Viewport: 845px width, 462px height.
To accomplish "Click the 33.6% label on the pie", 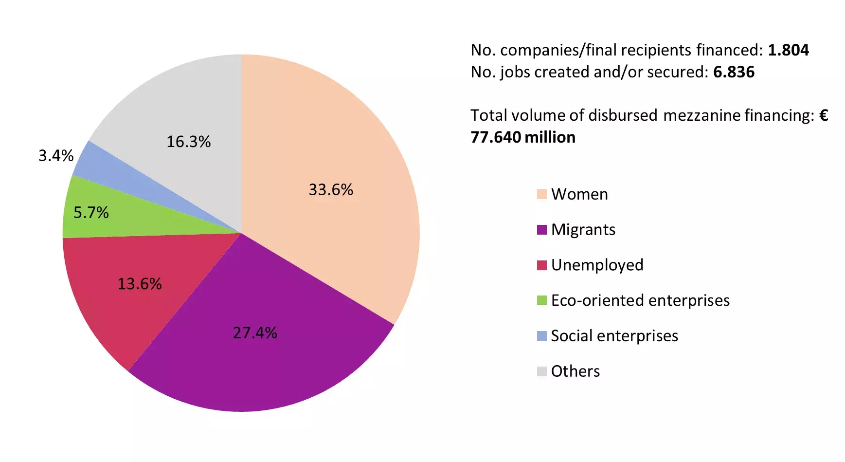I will (x=331, y=189).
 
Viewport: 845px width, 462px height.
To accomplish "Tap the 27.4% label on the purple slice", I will (x=255, y=333).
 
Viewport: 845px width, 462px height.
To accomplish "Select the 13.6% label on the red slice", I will (x=140, y=284).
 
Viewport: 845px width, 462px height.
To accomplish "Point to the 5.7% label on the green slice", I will (x=91, y=212).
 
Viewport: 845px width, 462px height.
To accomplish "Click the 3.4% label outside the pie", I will (x=56, y=156).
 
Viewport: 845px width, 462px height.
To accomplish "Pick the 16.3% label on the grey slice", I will (x=189, y=142).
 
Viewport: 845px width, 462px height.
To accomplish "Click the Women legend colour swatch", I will (x=541, y=194).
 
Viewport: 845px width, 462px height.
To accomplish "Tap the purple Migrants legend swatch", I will (x=541, y=230).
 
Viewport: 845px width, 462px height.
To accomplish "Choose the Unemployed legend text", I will (x=597, y=265).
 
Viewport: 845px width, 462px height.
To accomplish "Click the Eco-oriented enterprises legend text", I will (x=640, y=300).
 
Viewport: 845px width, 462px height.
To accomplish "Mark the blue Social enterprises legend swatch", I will (x=541, y=336).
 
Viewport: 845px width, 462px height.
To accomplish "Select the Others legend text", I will (x=575, y=371).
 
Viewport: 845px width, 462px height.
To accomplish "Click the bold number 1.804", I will (x=788, y=50).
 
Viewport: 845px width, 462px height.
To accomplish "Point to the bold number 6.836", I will (x=734, y=72).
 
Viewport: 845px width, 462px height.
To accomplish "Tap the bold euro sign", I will (x=823, y=115).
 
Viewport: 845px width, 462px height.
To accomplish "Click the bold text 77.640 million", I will (x=523, y=137).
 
